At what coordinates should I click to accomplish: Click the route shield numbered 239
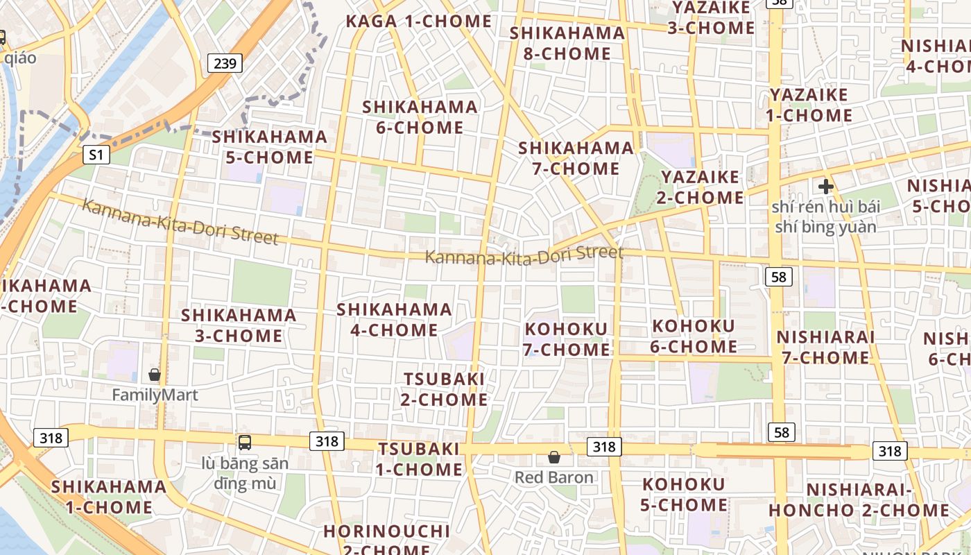(225, 64)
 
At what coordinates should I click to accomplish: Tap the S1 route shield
(96, 155)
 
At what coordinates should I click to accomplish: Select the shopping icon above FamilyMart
(155, 375)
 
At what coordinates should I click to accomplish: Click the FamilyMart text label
(155, 395)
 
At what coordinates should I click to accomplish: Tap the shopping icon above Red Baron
(553, 457)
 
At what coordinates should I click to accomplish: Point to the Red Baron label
(553, 477)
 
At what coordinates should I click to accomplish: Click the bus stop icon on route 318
(244, 442)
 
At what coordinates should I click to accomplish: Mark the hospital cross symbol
(825, 186)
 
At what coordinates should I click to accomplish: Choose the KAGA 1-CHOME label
(418, 22)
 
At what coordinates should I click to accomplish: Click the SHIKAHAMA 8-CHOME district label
(567, 43)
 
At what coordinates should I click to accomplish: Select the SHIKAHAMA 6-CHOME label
(420, 117)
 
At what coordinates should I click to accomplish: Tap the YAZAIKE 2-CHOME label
(700, 187)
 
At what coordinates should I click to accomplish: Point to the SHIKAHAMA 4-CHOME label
(394, 319)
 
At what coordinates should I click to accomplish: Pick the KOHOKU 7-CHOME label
(567, 339)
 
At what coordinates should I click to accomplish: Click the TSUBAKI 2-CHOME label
(445, 389)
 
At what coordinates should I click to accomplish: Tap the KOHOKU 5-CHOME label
(683, 494)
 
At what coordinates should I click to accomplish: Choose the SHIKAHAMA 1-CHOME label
(109, 497)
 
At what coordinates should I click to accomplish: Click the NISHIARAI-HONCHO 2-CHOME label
(858, 499)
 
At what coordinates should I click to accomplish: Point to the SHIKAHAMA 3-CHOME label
(239, 325)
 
